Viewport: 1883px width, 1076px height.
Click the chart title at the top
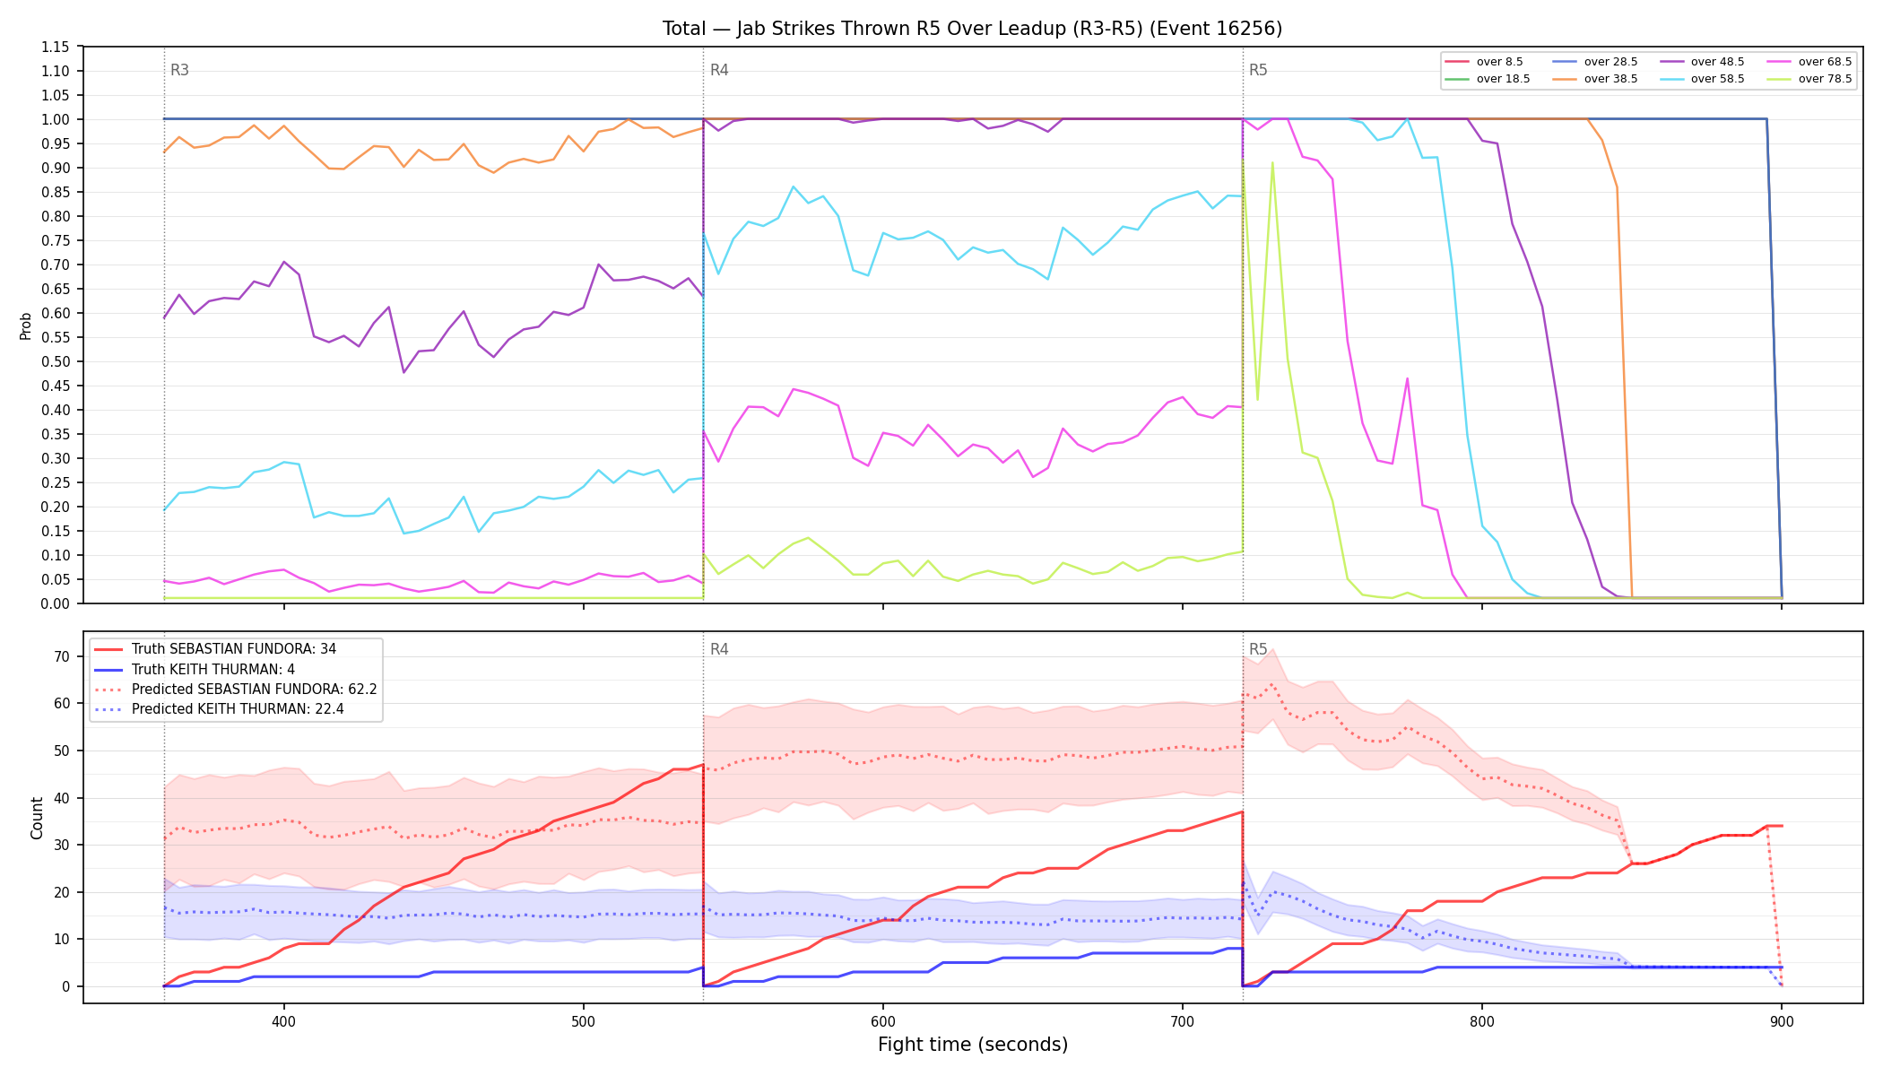pyautogui.click(x=972, y=29)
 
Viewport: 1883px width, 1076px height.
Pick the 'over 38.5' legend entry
pyautogui.click(x=1595, y=79)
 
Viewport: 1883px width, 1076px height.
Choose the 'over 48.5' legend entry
pyautogui.click(x=1702, y=62)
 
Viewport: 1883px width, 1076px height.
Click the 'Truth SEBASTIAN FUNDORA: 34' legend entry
pyautogui.click(x=215, y=649)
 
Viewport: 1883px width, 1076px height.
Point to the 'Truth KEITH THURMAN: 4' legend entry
pyautogui.click(x=195, y=670)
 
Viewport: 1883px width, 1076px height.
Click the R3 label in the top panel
pyautogui.click(x=179, y=70)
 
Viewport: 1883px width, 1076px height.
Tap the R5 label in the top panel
pyautogui.click(x=1258, y=70)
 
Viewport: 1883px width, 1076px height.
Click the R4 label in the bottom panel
pyautogui.click(x=719, y=649)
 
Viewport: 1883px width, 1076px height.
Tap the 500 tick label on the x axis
pyautogui.click(x=584, y=1021)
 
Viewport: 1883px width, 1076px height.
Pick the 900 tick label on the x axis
pyautogui.click(x=1782, y=1021)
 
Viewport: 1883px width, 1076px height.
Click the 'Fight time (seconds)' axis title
pyautogui.click(x=973, y=1045)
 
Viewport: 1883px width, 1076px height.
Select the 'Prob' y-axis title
pyautogui.click(x=26, y=325)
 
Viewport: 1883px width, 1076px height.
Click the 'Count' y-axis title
pyautogui.click(x=37, y=818)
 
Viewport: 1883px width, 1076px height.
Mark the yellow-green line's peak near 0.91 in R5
pyautogui.click(x=1272, y=162)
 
